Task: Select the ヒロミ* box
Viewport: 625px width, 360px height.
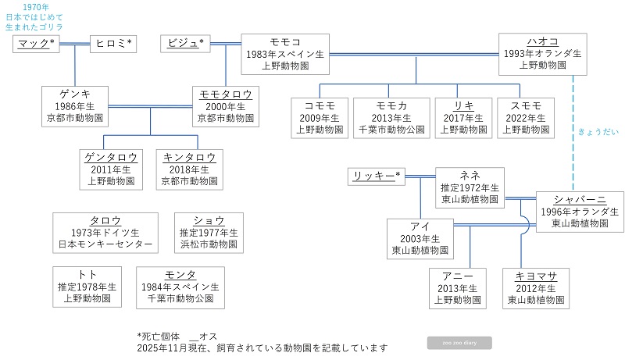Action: click(114, 43)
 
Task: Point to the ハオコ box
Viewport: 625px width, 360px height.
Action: click(541, 54)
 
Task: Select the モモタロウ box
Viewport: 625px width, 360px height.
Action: click(225, 106)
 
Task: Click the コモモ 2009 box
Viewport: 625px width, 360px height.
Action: click(320, 117)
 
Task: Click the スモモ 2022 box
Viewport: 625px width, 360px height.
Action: click(526, 117)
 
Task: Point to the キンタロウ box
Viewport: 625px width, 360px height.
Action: click(187, 169)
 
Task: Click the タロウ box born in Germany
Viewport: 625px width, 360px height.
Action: click(105, 232)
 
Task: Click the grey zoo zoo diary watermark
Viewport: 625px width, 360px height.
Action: click(459, 342)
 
